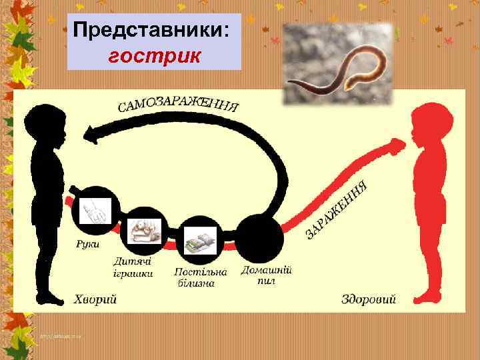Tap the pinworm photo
337,65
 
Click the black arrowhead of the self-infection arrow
101,136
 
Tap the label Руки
87,244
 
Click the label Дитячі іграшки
133,267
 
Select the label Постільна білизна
199,277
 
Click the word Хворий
95,299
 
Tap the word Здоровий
368,299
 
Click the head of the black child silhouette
46,123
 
